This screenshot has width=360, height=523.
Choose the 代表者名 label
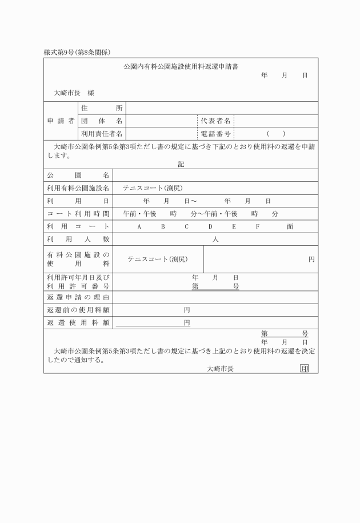(215, 121)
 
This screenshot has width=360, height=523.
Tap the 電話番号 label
(215, 134)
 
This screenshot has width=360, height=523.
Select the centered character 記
(181, 164)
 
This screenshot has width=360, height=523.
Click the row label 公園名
(78, 175)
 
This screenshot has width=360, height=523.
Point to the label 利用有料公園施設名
(78, 188)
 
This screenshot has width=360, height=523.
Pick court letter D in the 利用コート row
(210, 226)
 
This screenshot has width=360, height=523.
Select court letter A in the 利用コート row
(139, 226)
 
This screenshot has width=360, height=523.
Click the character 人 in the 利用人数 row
(215, 239)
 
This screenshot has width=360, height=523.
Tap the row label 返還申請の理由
(78, 297)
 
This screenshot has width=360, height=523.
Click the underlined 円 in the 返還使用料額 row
(186, 323)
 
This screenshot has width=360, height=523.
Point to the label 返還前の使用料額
(78, 310)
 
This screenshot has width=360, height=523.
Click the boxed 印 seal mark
(304, 369)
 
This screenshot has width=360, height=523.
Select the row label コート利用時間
(78, 214)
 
